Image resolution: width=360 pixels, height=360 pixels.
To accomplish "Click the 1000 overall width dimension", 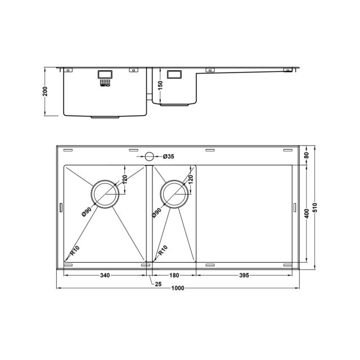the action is (x=178, y=288).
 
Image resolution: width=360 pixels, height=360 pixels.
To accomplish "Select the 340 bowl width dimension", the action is (x=105, y=275).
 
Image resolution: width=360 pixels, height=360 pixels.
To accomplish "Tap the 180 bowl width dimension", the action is (x=174, y=275).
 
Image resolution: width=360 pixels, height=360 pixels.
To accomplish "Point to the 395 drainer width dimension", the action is (x=244, y=275).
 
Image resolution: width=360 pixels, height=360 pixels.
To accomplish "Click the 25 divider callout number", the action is (x=158, y=284).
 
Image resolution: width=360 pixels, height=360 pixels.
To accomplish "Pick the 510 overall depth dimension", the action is (x=315, y=208).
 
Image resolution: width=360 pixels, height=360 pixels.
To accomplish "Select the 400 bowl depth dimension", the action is (x=307, y=214).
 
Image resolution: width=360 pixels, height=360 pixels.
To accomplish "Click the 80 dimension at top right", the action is (x=307, y=155).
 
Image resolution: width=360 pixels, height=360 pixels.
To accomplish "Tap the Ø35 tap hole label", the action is (x=169, y=156).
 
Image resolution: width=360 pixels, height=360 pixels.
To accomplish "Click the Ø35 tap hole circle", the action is (x=149, y=156).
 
